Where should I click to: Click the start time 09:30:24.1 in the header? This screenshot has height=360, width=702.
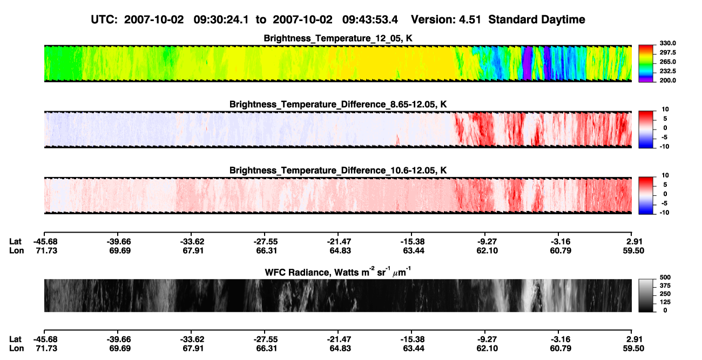tap(221, 19)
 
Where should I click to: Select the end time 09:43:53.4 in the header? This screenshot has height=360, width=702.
tap(370, 19)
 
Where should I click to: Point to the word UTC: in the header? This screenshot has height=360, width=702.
tap(104, 19)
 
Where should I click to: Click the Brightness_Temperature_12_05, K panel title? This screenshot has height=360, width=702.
tap(338, 38)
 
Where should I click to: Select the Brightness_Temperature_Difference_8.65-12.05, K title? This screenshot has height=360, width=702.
tap(338, 104)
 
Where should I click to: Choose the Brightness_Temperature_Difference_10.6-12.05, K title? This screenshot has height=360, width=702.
tap(338, 171)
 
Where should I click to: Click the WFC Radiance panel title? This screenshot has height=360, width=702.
tap(338, 271)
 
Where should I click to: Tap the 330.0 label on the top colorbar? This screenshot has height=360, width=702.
tap(667, 43)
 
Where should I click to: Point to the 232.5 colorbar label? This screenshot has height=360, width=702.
tap(667, 71)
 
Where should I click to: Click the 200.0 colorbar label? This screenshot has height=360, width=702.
tap(667, 80)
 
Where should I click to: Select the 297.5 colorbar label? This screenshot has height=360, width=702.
tap(667, 52)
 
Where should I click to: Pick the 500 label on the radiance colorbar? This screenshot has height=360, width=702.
tap(665, 277)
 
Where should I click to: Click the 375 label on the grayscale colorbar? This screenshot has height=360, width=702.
tap(665, 286)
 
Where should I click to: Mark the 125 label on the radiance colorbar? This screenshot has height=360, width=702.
tap(665, 302)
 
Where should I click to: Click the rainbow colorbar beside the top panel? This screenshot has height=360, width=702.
tap(646, 64)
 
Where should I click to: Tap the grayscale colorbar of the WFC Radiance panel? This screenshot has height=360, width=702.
tap(646, 295)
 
